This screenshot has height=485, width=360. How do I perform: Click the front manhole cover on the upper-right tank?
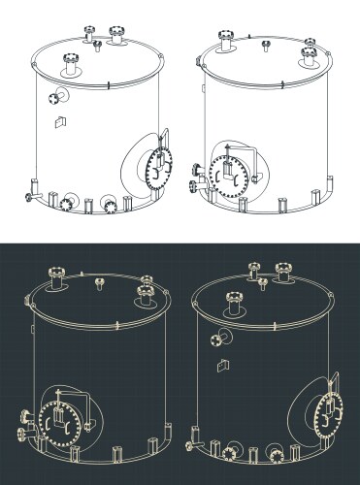click(x=228, y=174)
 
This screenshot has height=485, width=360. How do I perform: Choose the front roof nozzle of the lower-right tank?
click(x=233, y=302)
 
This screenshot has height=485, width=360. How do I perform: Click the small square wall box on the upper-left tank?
click(x=59, y=121)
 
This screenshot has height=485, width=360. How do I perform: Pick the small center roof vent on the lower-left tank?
click(x=100, y=282)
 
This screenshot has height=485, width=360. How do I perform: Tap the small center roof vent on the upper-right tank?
click(x=264, y=44)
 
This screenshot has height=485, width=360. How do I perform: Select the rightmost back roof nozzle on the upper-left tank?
click(x=117, y=36)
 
